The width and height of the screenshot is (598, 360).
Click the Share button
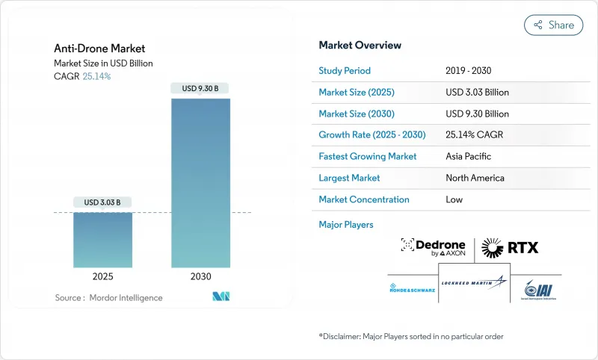(x=553, y=25)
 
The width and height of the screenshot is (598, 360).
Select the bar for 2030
(x=200, y=183)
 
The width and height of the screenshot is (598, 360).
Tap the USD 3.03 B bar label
(x=102, y=202)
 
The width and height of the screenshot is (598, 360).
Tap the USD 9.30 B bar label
(x=200, y=88)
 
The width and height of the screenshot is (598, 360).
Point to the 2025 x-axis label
(x=102, y=276)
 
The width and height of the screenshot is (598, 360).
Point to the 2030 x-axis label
(x=200, y=276)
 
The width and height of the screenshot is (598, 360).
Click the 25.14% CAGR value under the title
(x=97, y=76)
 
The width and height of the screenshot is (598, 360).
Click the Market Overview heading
(x=360, y=46)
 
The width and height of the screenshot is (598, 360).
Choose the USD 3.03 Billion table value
(x=477, y=93)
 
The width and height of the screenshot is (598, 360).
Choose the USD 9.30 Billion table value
(x=477, y=114)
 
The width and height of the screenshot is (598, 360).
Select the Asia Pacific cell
(x=467, y=157)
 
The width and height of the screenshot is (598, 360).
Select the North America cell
(x=474, y=178)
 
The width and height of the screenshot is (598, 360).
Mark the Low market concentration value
(x=454, y=199)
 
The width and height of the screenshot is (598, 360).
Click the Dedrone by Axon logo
(x=435, y=247)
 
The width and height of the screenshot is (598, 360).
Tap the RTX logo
(x=510, y=246)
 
